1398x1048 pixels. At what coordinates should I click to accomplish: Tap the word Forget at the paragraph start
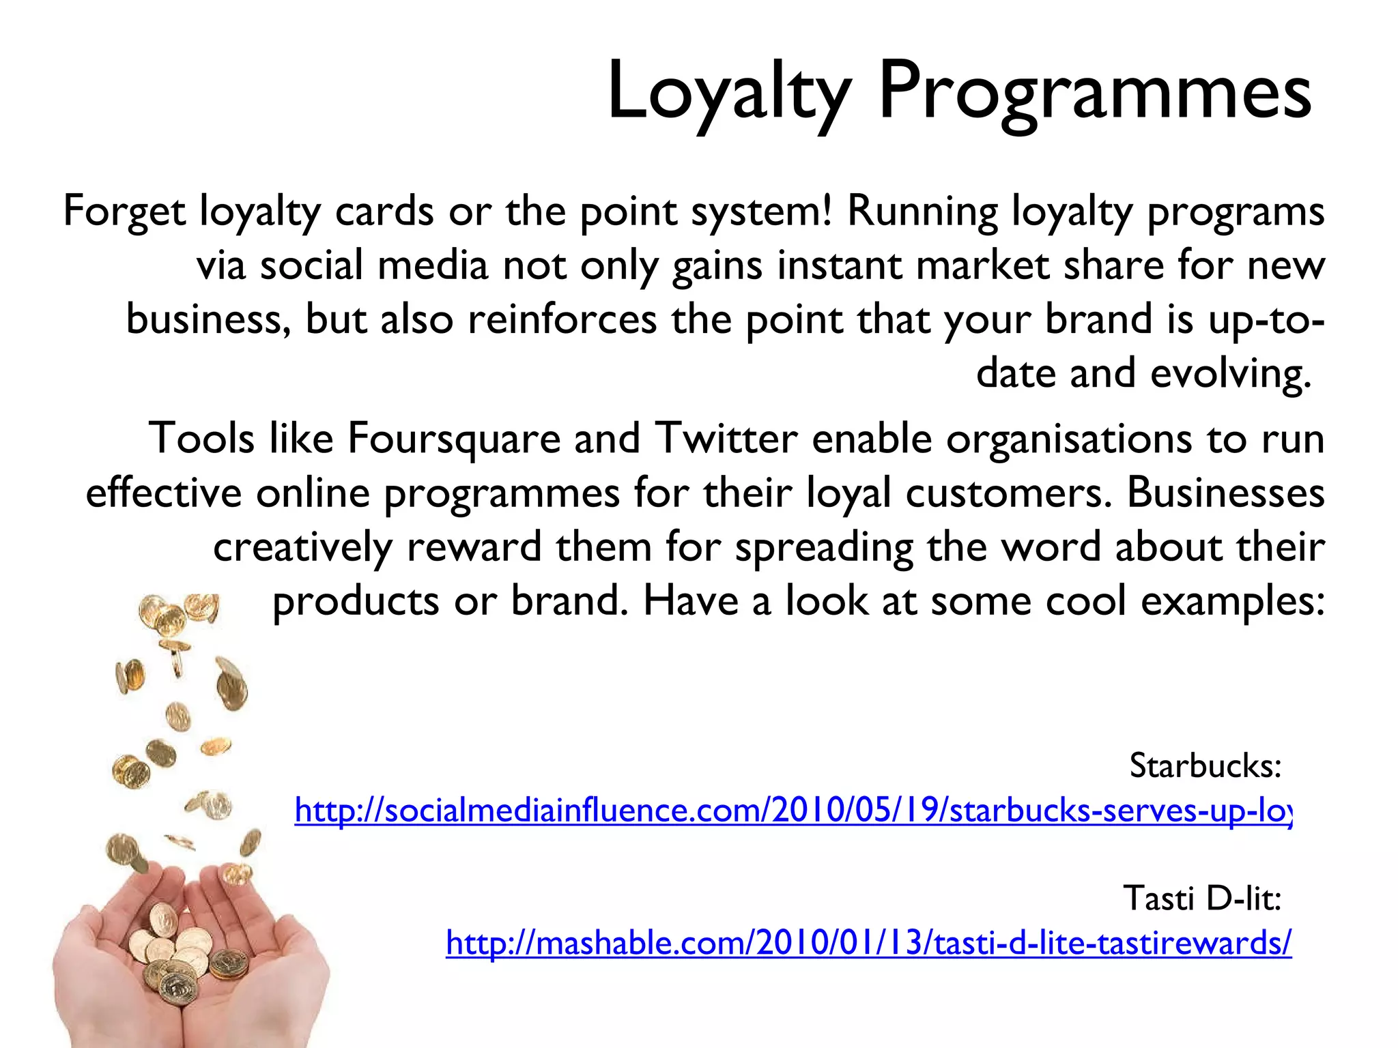coord(124,212)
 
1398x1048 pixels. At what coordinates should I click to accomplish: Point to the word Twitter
coord(726,439)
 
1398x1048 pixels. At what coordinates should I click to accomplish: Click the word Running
coord(922,212)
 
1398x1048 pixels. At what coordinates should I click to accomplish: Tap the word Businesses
coord(1225,493)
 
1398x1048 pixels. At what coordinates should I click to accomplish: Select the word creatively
coord(303,547)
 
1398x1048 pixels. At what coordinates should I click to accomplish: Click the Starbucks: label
coord(1206,766)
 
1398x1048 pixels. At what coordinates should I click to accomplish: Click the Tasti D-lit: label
coord(1202,898)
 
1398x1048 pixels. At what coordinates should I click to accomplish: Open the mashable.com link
coord(868,943)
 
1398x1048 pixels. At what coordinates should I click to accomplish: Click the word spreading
coord(824,547)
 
